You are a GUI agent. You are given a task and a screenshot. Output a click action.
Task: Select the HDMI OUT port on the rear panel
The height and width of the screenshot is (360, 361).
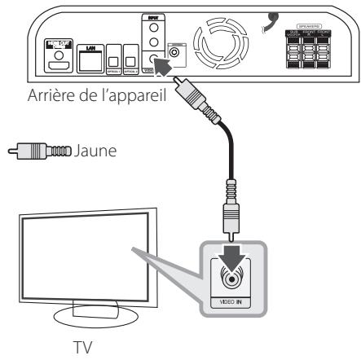pyautogui.click(x=58, y=63)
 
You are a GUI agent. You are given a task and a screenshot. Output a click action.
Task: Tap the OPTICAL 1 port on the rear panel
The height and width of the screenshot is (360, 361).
pyautogui.click(x=117, y=68)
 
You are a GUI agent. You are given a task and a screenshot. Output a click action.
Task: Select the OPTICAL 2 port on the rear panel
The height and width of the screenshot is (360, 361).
pyautogui.click(x=130, y=68)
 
